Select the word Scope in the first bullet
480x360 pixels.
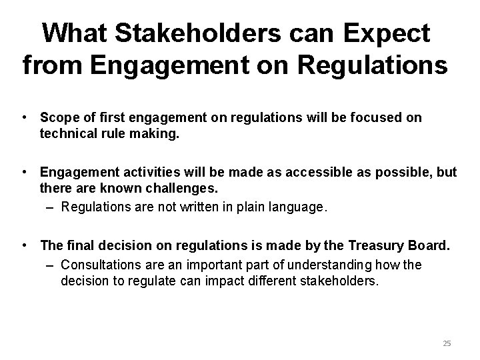pyautogui.click(x=57, y=117)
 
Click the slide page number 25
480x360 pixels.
pyautogui.click(x=447, y=343)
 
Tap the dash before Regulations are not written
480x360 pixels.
pyautogui.click(x=51, y=207)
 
